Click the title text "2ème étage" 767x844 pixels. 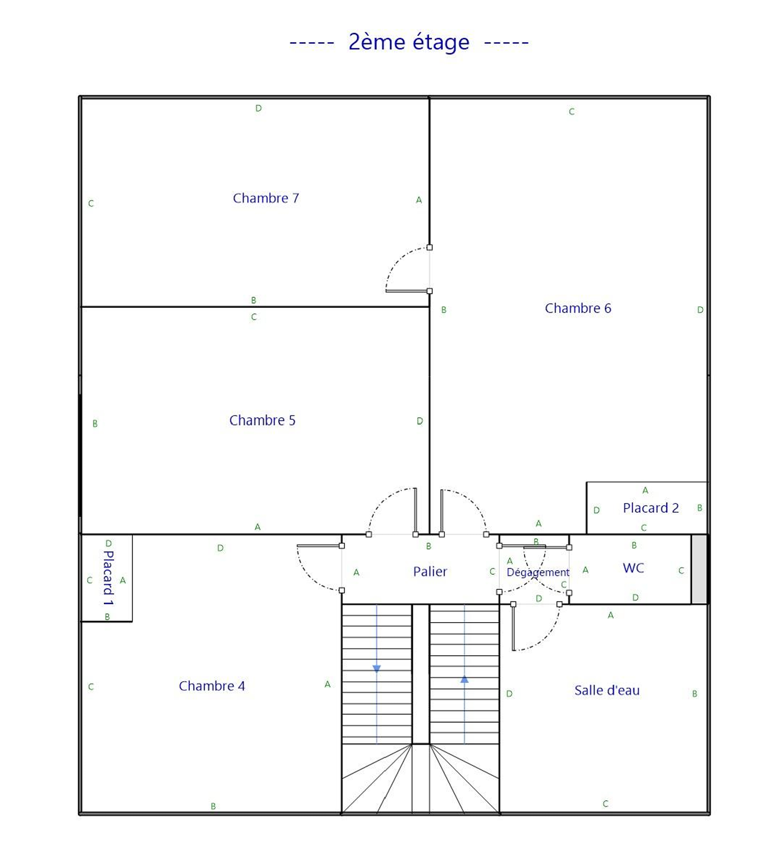[409, 42]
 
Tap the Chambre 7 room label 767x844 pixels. [265, 198]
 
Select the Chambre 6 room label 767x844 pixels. [578, 308]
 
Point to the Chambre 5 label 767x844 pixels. [263, 420]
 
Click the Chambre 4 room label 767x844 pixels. [212, 686]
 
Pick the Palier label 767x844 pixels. [430, 571]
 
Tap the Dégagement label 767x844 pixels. [538, 572]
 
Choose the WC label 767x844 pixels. [633, 568]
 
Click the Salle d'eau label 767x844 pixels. [607, 690]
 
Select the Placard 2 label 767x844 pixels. [651, 508]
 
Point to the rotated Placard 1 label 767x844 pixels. [108, 578]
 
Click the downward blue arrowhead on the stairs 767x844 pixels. [377, 668]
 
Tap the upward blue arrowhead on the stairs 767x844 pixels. [464, 679]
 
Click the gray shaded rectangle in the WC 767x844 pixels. [699, 569]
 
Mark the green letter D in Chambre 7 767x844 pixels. [259, 108]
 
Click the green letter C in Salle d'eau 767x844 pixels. [605, 804]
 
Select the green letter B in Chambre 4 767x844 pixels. [213, 806]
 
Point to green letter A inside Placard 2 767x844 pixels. [645, 490]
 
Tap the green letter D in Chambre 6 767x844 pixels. [700, 310]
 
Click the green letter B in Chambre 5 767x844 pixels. [95, 423]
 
